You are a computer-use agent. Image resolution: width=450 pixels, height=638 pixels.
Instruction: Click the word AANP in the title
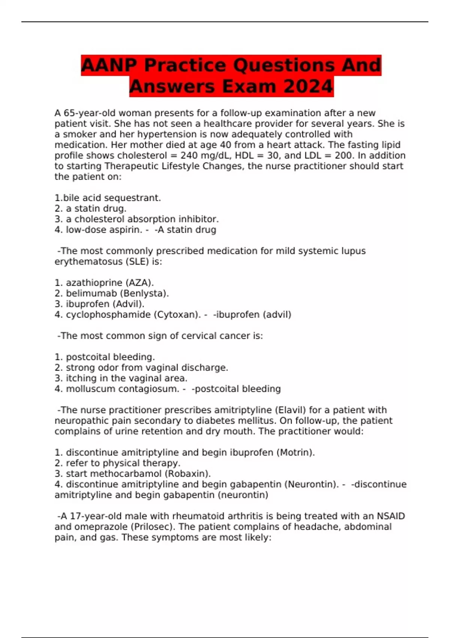109,65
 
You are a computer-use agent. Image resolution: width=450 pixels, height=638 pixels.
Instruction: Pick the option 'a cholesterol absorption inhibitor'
142,219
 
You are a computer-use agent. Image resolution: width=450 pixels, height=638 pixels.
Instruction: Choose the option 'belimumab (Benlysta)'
117,293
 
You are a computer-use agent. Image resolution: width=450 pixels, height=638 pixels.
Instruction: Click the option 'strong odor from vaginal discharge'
147,367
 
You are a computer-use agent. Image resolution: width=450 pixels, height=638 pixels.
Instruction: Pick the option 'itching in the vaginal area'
126,378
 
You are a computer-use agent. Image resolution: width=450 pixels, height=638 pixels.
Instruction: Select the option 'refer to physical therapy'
123,463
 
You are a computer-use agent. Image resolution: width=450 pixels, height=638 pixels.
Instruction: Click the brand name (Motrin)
295,452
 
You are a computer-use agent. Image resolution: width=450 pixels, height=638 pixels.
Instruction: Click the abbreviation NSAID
391,516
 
